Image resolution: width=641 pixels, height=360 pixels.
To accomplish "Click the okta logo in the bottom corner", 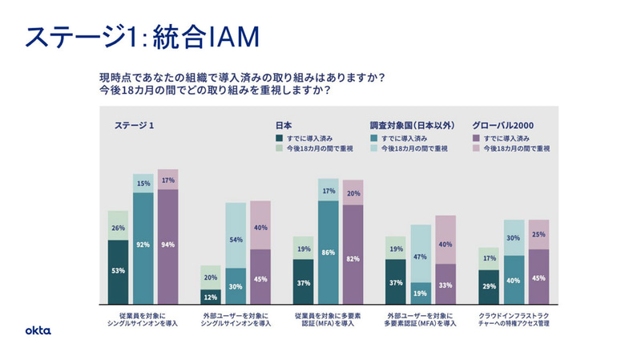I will coord(38,330).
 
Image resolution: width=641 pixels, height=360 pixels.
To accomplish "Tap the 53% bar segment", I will coord(119,271).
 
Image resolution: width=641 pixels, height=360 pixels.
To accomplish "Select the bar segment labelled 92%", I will coord(143,245).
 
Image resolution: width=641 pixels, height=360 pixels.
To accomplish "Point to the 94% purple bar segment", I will coord(167,245).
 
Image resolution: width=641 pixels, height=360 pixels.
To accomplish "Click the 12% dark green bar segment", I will coord(210,297).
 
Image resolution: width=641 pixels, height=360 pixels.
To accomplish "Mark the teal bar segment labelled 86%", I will coord(328,252).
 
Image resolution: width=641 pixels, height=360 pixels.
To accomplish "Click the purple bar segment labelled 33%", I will coord(445,285).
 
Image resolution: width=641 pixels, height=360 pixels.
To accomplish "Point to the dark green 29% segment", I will coord(489,286).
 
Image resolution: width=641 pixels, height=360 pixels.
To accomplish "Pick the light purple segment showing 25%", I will coord(538,235).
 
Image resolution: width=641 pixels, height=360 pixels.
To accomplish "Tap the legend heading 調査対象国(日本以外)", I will coord(413,125).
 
